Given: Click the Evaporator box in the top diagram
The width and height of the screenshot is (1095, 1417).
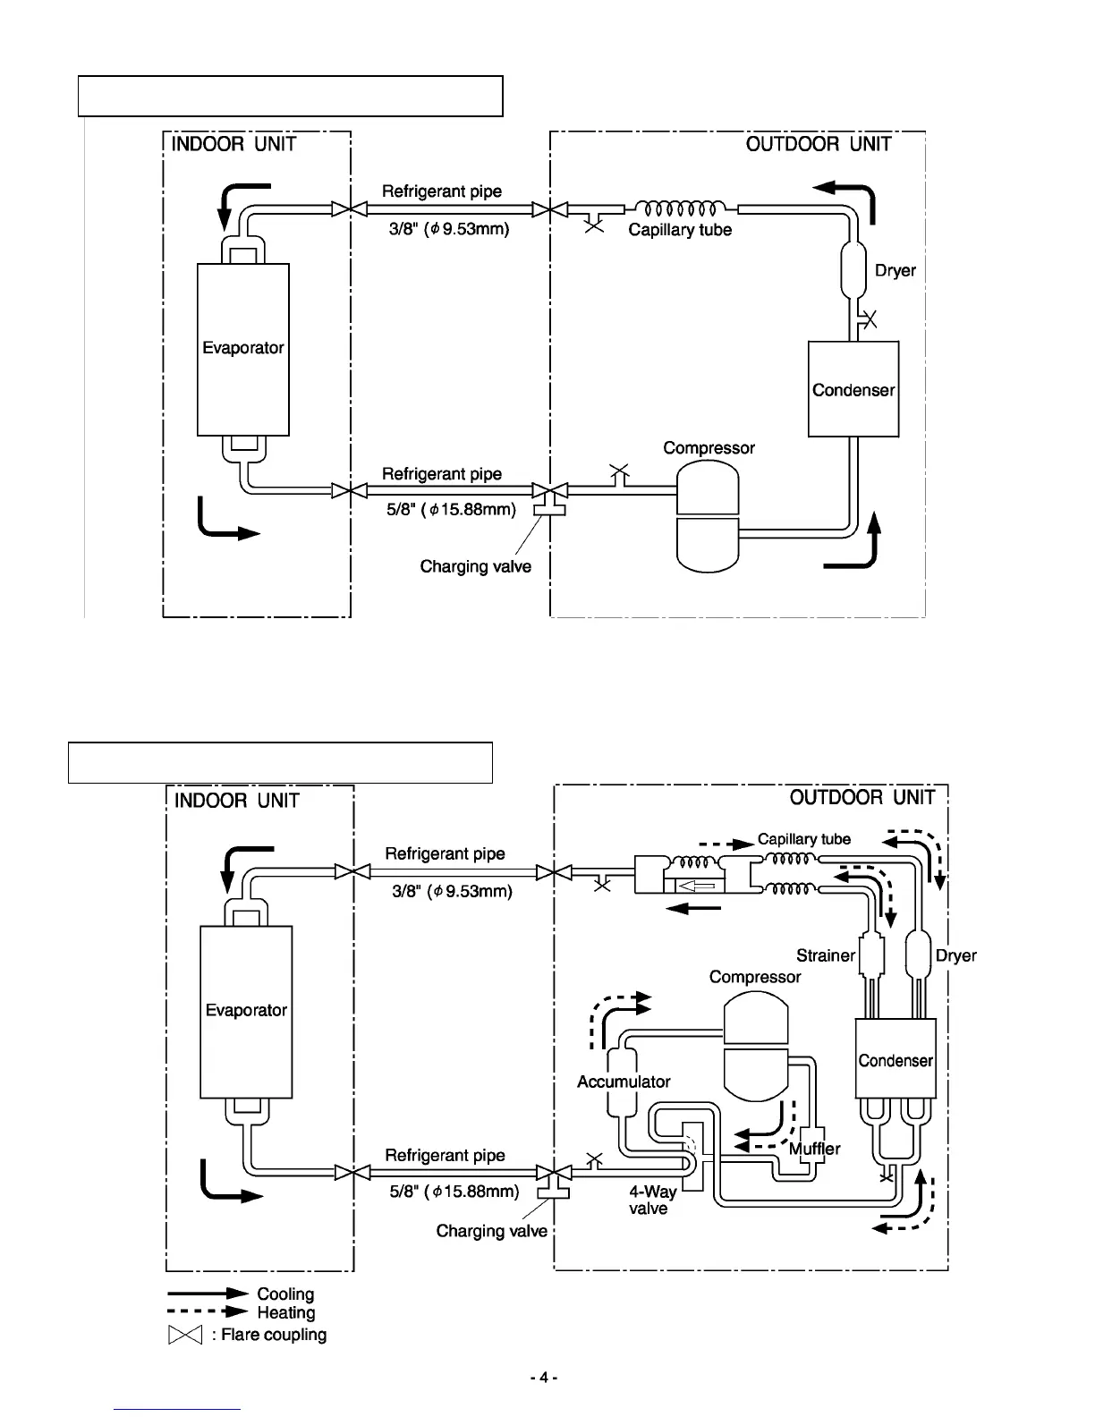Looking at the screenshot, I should pos(242,349).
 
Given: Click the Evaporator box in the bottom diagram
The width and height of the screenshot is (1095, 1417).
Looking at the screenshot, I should pos(246,1011).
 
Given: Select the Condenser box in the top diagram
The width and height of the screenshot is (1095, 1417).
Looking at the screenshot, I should pos(853,389).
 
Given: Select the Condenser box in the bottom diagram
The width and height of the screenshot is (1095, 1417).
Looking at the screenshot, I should pos(895,1059).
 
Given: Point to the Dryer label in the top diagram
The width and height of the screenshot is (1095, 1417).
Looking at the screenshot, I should pos(895,270).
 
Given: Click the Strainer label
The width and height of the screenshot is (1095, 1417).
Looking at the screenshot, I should pos(825,955).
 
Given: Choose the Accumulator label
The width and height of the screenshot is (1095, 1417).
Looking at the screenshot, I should pos(624,1082).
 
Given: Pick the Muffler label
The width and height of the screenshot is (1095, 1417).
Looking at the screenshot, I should pos(815,1149).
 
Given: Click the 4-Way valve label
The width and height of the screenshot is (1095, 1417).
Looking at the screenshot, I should pos(652,1200).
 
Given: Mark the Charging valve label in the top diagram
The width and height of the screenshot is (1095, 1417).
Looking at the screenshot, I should pos(475,566).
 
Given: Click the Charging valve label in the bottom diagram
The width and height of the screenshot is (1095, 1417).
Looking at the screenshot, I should pos(491,1231).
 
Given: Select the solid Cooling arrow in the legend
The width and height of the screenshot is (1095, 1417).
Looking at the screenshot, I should pos(207,1294).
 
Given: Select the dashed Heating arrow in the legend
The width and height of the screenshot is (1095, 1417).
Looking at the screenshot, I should pos(207,1312).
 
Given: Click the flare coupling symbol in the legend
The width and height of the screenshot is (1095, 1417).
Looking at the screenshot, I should pos(182,1335).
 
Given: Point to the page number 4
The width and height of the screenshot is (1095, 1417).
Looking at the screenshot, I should pos(543,1379).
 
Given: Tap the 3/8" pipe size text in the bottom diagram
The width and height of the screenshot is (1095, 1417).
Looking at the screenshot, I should pos(452,891).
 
